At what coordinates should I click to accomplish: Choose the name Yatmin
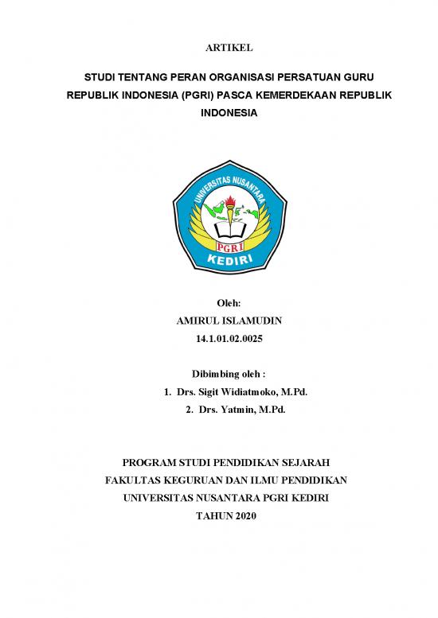239,410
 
